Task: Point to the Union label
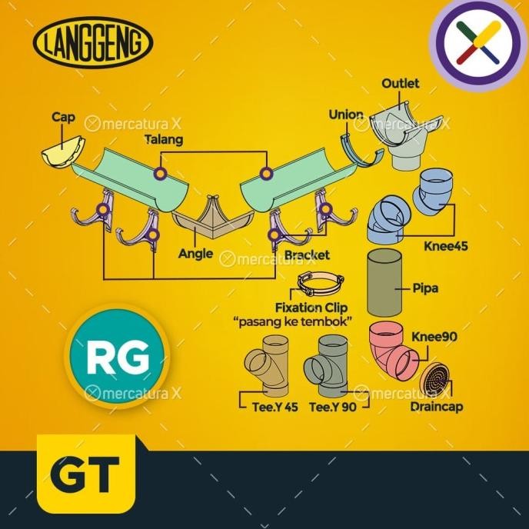coord(345,115)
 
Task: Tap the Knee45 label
coord(445,248)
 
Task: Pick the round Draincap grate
coord(436,378)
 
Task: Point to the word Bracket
coord(306,255)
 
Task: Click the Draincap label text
coord(437,408)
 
